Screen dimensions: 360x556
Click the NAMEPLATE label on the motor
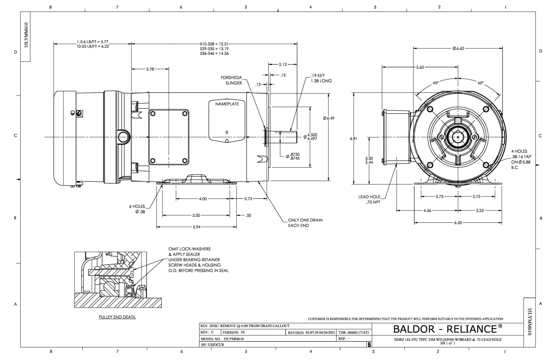click(x=227, y=104)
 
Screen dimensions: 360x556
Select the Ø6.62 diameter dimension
click(x=458, y=48)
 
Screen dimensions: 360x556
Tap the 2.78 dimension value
click(x=150, y=69)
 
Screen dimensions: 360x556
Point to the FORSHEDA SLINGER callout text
click(x=231, y=80)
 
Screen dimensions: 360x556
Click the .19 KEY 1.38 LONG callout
click(x=321, y=78)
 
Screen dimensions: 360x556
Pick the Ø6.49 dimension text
click(x=328, y=118)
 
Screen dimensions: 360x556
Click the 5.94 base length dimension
click(x=196, y=227)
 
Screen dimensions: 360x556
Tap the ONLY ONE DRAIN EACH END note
click(x=305, y=223)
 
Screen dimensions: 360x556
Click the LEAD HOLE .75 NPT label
click(x=370, y=199)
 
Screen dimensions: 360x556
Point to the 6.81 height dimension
click(x=353, y=138)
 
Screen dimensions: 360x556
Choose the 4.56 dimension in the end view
click(x=427, y=211)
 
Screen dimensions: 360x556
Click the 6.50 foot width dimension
click(x=458, y=223)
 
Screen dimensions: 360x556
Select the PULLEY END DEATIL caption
click(x=117, y=317)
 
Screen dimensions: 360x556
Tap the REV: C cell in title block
click(x=207, y=332)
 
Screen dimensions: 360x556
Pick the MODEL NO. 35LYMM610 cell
click(x=222, y=339)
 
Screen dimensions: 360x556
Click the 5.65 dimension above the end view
click(x=420, y=67)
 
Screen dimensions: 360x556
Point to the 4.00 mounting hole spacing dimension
click(x=203, y=199)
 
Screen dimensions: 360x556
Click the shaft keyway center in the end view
click(x=458, y=137)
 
